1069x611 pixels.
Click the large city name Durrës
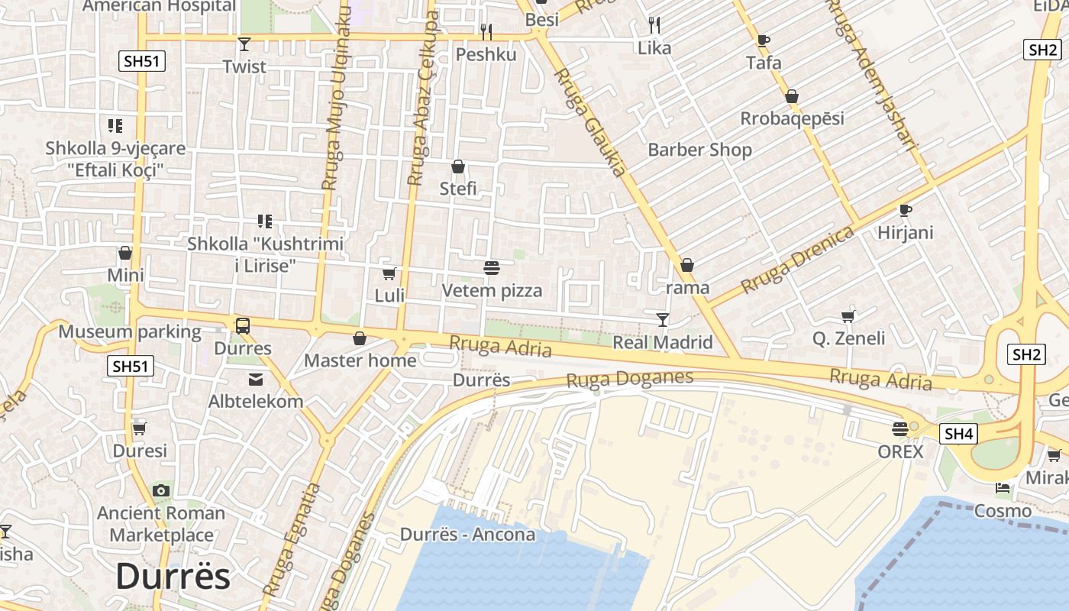173,577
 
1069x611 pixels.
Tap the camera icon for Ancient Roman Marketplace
161,490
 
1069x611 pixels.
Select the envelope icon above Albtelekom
255,379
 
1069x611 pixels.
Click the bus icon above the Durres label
242,326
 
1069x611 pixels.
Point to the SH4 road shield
958,434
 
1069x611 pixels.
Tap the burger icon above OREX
900,429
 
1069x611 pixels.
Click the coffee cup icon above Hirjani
906,210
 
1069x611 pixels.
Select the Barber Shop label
699,150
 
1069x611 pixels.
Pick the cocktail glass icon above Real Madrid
662,319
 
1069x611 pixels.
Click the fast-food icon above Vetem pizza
492,268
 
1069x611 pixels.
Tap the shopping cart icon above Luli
389,273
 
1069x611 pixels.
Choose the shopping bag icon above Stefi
458,166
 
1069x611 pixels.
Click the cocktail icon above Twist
244,44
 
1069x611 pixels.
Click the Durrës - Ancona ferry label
467,534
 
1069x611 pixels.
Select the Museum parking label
130,332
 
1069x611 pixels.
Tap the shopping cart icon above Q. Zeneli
848,316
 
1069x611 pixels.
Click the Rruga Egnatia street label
291,539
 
